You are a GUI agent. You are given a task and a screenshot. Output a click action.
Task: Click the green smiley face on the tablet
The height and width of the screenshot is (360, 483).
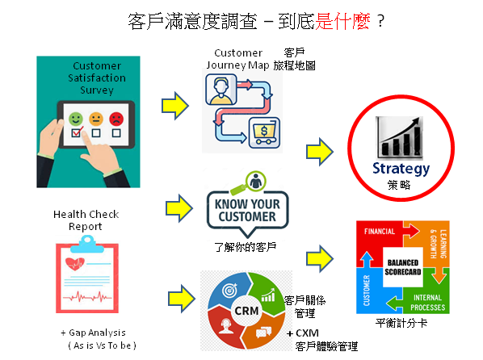pos(76,119)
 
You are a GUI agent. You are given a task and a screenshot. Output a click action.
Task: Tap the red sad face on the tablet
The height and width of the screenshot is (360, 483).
pos(116,119)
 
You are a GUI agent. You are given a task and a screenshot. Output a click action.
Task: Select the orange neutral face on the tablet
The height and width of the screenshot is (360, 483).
pos(96,119)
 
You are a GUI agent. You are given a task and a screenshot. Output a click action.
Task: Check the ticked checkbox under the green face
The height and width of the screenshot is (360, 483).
pos(77,132)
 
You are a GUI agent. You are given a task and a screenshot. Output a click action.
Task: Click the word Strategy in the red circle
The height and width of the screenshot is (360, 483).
pos(401,169)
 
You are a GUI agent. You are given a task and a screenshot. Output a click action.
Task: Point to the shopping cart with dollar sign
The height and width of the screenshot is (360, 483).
pos(264,132)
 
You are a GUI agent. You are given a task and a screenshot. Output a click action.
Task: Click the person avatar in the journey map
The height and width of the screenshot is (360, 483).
pos(220,90)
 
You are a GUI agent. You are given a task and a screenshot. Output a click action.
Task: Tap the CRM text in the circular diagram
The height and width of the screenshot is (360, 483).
pos(246,311)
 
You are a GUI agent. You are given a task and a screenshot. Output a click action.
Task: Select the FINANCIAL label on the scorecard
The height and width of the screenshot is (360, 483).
pos(379,232)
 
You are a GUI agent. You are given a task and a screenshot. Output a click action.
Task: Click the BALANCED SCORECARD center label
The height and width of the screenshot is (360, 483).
pos(402,267)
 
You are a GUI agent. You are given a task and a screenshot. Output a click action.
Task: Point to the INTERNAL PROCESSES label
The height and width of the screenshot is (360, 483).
pos(427,302)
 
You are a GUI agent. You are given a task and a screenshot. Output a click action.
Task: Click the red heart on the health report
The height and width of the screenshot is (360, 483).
pos(74,264)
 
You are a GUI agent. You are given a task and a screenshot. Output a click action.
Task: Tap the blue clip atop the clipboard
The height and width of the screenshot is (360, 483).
pos(87,244)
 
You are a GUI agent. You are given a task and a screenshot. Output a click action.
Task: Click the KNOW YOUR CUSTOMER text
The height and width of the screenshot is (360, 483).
pos(247,211)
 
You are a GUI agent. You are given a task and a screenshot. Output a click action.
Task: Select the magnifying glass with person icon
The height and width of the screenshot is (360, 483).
pos(249,183)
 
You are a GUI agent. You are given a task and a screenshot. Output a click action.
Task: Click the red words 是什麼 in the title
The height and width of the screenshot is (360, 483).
pos(342,21)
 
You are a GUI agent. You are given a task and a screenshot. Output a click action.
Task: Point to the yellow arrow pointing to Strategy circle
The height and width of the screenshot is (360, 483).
pos(320,152)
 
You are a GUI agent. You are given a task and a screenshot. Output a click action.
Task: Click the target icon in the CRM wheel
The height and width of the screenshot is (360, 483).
pos(230,290)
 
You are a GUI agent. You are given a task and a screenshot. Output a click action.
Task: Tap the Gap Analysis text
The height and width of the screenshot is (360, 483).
pos(94,333)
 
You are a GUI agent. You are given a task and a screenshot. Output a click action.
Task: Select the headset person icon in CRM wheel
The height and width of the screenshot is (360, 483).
pos(226,326)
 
